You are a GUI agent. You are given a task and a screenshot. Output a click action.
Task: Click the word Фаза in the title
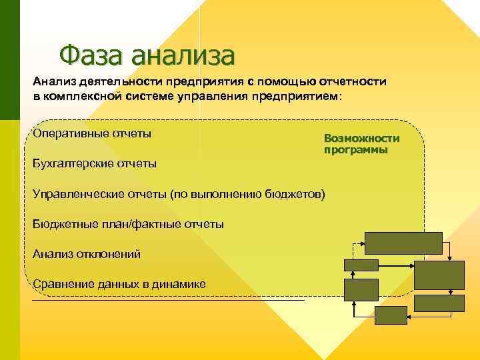[91, 55]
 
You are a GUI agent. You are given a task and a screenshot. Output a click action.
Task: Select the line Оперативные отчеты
[92, 133]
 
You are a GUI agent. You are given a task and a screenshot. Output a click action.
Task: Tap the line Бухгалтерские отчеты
[95, 163]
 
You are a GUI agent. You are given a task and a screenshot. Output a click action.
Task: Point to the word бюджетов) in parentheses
[300, 194]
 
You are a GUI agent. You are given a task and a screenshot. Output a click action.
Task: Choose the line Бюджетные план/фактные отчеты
[128, 224]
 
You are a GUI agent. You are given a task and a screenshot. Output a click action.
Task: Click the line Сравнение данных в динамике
[119, 284]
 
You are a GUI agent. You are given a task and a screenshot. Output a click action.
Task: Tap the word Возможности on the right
[361, 138]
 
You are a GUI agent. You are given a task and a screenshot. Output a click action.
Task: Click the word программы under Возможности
[356, 150]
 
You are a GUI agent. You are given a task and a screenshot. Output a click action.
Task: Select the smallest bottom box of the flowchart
[390, 315]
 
